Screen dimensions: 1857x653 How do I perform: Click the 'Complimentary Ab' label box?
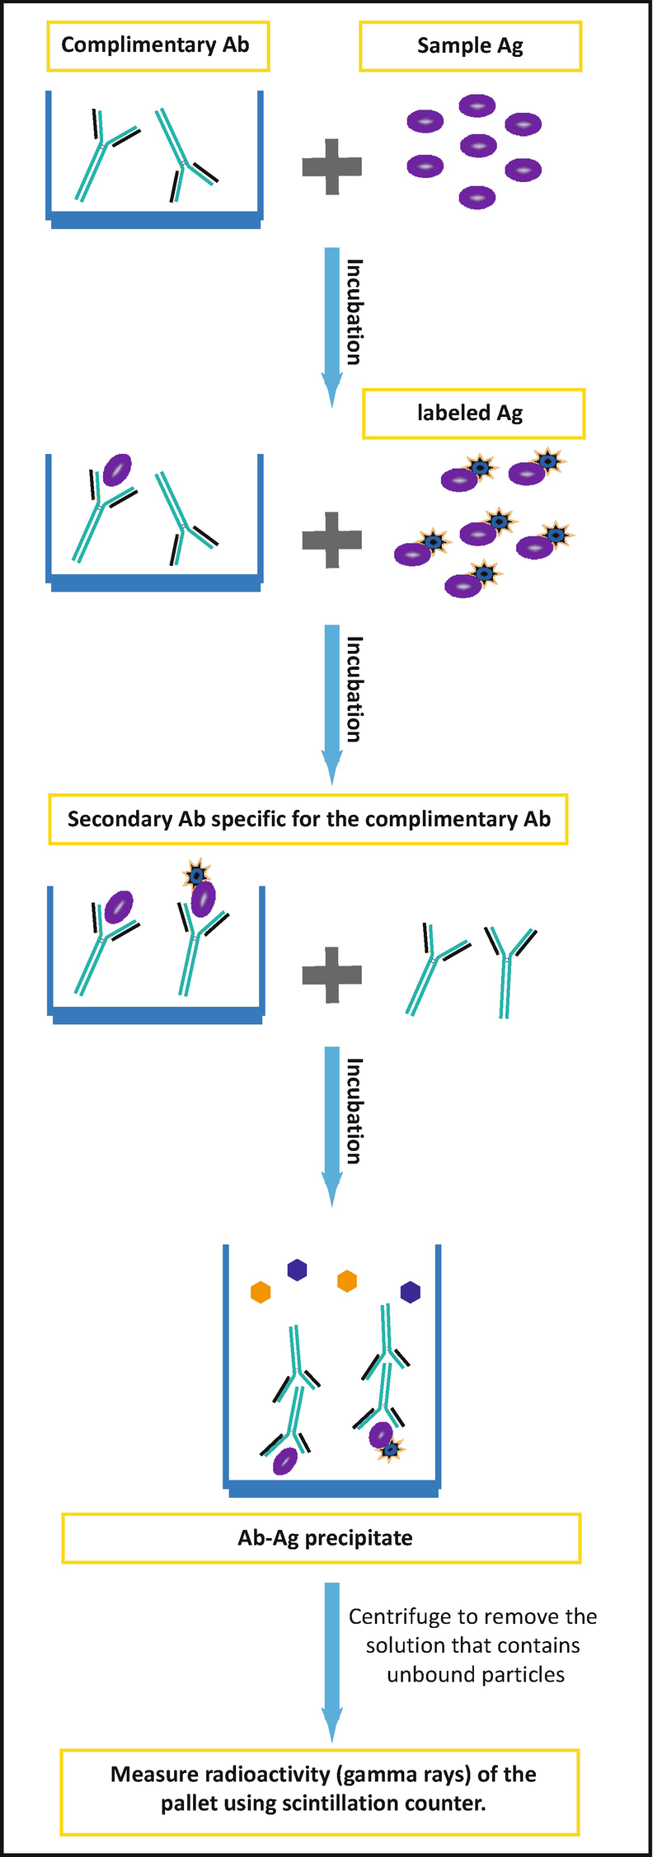[x=157, y=46]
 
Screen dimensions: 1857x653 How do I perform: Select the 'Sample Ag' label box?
[x=470, y=46]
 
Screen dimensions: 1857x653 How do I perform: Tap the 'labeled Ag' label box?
[x=472, y=414]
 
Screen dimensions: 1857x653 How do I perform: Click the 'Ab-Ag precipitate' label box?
[x=322, y=1538]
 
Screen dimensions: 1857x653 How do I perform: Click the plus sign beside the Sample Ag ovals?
[x=331, y=166]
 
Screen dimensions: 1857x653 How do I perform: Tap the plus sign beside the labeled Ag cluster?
[x=331, y=540]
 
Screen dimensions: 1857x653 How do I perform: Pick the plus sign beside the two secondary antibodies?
[x=331, y=975]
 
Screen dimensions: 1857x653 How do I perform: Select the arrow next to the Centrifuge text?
[x=331, y=1660]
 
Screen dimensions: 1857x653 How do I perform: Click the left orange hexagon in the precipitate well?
[x=261, y=1292]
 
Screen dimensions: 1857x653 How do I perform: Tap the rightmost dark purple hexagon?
[x=410, y=1292]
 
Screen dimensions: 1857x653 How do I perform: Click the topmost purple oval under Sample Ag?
[x=477, y=105]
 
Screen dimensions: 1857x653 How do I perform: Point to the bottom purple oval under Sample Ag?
[x=477, y=198]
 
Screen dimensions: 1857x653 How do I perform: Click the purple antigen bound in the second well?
[x=117, y=470]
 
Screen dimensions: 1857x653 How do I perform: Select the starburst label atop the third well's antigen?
[x=196, y=873]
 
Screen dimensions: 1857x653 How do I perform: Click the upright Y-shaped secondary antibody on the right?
[x=509, y=971]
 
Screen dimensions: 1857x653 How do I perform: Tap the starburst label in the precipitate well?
[x=391, y=1449]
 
